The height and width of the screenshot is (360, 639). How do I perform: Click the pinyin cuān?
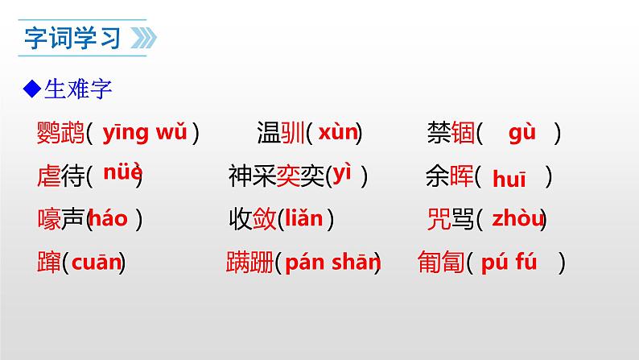pyautogui.click(x=97, y=261)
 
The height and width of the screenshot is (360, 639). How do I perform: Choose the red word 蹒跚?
pyautogui.click(x=250, y=262)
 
